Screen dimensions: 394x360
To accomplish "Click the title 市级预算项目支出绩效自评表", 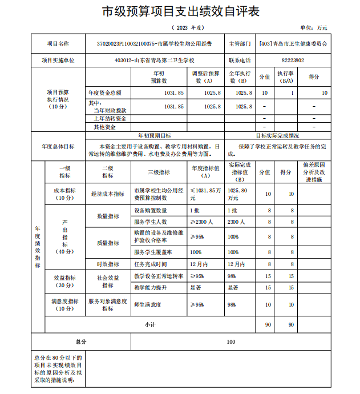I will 180,12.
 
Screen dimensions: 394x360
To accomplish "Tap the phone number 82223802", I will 293,60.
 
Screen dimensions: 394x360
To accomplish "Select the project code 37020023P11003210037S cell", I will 154,44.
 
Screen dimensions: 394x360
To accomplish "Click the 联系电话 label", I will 240,60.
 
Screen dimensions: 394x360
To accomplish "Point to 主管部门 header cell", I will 240,44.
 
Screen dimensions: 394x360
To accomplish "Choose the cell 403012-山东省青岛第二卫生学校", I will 154,60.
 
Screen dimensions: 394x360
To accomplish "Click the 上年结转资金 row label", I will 108,119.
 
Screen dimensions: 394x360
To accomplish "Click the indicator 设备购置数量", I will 151,211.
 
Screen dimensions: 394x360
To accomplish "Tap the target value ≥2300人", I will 201,222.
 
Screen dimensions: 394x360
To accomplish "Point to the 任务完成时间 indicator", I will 151,264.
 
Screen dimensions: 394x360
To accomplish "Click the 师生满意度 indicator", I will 148,304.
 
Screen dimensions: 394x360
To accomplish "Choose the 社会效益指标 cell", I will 107,282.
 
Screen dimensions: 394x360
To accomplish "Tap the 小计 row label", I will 150,324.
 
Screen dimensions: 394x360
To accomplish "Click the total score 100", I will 231,341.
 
